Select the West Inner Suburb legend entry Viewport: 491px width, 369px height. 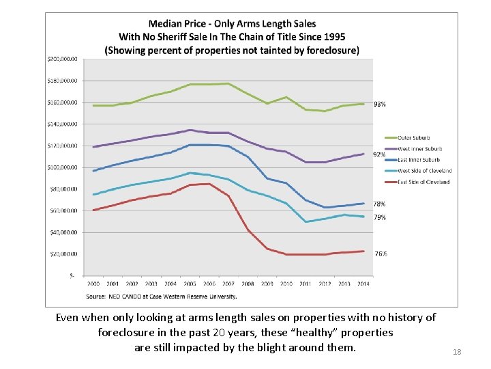(419, 149)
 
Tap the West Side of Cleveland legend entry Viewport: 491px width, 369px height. (424, 171)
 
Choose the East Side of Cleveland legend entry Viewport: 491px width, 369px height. (423, 182)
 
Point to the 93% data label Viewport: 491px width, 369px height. (380, 105)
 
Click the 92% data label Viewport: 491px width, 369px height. (379, 154)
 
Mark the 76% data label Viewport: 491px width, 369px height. (381, 254)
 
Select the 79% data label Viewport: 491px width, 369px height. (380, 217)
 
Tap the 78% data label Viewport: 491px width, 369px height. (379, 204)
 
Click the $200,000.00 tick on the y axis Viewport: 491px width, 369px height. (63, 59)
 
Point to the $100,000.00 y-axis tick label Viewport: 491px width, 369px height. (63, 167)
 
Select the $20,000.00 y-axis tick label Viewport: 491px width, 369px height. (64, 254)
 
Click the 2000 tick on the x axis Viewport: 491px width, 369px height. (93, 284)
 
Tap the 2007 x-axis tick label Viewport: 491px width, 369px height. (228, 284)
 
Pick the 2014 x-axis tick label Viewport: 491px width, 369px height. (363, 284)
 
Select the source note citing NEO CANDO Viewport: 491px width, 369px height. (162, 297)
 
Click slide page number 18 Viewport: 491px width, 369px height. (457, 352)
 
